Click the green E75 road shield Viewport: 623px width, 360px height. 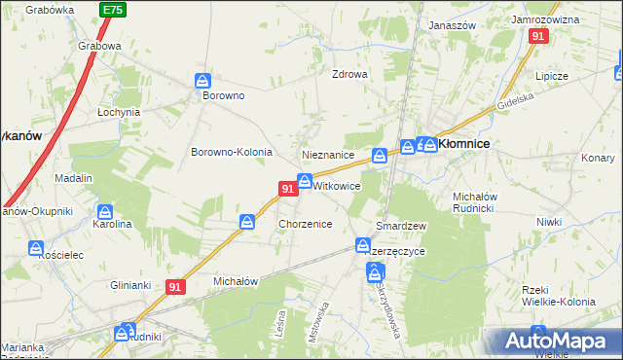coord(112,9)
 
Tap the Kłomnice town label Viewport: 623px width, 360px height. coord(463,143)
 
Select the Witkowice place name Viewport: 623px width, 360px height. coord(338,185)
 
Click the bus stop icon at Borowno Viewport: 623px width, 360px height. coord(203,81)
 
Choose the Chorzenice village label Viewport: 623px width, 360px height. coord(306,224)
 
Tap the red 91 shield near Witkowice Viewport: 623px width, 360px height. coord(287,189)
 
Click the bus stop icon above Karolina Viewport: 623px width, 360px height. coord(106,211)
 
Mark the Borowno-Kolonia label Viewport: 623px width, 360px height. coord(231,153)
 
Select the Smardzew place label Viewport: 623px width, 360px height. coord(402,226)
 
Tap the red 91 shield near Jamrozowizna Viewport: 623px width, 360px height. coord(538,36)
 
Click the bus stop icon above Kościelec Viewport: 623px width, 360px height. coord(36,248)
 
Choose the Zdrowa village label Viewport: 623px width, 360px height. coord(349,74)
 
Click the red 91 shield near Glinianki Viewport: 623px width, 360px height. coord(175,287)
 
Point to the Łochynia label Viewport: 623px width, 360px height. coord(119,112)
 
